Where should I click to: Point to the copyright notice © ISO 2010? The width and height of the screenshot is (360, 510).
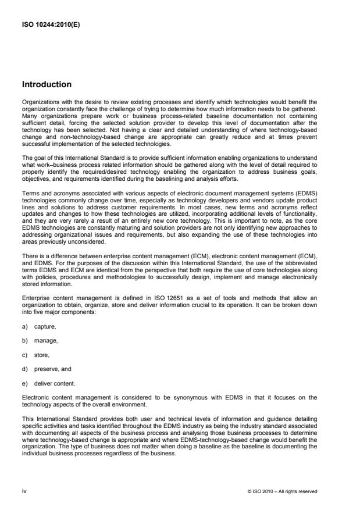(283, 491)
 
